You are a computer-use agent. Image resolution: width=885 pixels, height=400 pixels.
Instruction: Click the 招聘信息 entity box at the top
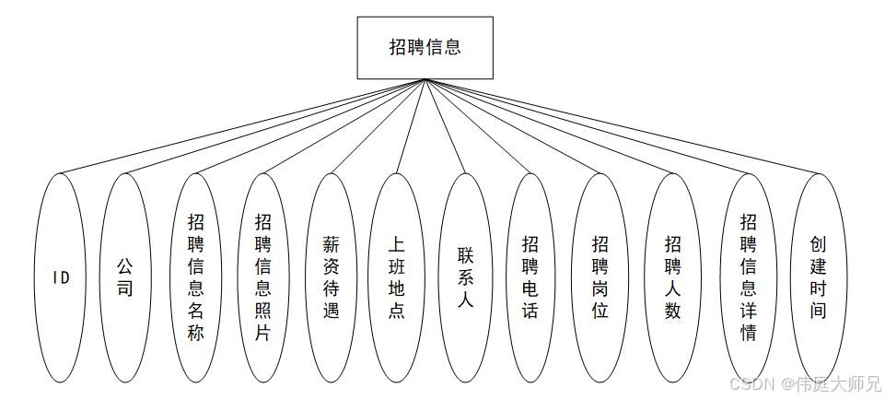point(425,47)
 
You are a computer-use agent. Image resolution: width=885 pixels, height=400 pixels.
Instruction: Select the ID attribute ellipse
point(61,276)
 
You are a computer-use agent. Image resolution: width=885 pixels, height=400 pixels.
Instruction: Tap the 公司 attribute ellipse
point(125,276)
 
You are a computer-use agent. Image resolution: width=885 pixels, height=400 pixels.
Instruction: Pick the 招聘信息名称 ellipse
point(196,276)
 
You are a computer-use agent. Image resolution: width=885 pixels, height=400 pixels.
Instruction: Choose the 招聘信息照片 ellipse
point(262,276)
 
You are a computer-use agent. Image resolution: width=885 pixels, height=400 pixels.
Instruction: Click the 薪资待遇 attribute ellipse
point(331,276)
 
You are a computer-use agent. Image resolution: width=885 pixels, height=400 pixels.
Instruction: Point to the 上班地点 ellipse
point(397,276)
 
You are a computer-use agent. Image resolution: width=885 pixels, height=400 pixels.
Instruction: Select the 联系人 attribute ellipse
point(465,276)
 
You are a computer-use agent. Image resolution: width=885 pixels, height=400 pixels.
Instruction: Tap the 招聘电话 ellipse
point(530,276)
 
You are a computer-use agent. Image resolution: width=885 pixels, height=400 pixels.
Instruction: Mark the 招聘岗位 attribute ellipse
point(600,276)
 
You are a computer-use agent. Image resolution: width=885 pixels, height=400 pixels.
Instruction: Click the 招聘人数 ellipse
point(673,276)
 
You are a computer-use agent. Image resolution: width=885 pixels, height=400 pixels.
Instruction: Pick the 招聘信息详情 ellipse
point(749,276)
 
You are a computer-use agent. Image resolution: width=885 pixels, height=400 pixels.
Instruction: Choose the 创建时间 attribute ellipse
point(819,276)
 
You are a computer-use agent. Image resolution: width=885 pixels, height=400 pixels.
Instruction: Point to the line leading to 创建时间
point(622,126)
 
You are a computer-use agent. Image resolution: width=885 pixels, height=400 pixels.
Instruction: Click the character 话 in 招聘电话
point(530,311)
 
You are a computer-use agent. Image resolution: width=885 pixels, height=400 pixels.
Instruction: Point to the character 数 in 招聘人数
point(673,311)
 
